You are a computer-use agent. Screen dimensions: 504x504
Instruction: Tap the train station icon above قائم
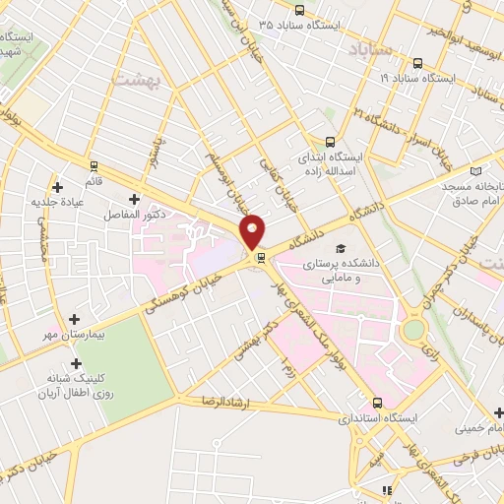coord(94,165)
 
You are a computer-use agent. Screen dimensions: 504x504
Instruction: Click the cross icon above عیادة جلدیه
coord(58,186)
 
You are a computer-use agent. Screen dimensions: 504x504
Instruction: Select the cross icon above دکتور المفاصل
coord(134,199)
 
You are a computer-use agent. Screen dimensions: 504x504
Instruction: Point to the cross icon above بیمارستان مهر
coord(76,319)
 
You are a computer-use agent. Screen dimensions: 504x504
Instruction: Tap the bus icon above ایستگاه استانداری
coord(377,403)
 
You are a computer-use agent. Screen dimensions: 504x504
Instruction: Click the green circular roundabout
coord(413,329)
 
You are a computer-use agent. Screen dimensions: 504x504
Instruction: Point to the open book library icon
coord(476,170)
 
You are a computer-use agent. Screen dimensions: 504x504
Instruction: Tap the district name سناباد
coord(371,48)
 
